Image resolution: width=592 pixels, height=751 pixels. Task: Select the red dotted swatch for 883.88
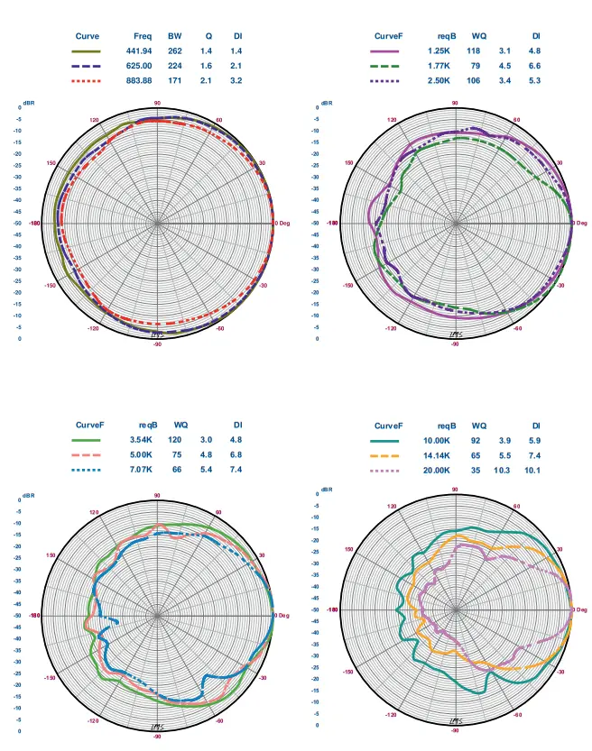(87, 81)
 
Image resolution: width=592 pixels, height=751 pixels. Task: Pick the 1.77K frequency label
(438, 66)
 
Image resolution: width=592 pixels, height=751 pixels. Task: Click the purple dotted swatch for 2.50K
(385, 81)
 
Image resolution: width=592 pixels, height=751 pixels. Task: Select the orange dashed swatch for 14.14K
(385, 455)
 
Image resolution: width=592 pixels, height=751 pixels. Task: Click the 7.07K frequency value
(143, 471)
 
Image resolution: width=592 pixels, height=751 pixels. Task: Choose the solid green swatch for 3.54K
(87, 440)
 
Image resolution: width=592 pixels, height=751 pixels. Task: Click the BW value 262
(175, 51)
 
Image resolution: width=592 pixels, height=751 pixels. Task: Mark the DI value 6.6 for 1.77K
(533, 66)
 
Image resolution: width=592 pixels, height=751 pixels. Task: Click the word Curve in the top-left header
(87, 36)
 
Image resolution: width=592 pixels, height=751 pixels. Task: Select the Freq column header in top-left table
(142, 36)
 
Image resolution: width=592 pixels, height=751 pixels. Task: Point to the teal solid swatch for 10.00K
(385, 440)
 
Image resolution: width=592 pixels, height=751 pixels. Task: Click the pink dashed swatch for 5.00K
(87, 455)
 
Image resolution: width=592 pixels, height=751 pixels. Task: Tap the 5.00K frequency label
(143, 455)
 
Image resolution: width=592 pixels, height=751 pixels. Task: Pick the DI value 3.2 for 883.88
(236, 81)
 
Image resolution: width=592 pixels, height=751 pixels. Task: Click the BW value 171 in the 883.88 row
(175, 81)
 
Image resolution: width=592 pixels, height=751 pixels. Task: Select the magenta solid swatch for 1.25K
(385, 51)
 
